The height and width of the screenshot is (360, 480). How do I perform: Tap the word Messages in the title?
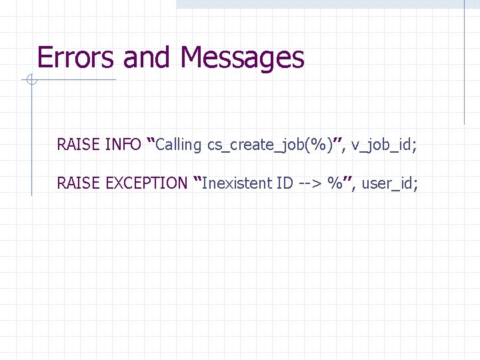pos(242,58)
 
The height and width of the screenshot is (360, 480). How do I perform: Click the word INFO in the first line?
pos(123,144)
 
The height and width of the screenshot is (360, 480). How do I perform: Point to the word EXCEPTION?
pos(147,183)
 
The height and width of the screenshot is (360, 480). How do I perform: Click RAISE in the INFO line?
pos(79,144)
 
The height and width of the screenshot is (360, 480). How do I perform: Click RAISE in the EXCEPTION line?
pos(79,183)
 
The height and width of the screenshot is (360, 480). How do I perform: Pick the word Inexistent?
pos(236,183)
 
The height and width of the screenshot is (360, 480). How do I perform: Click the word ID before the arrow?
pos(284,183)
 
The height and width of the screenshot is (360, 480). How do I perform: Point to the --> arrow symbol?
pos(308,183)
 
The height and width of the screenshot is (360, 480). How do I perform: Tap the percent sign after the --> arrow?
pos(335,183)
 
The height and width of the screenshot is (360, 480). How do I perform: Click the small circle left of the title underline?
pos(30,81)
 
